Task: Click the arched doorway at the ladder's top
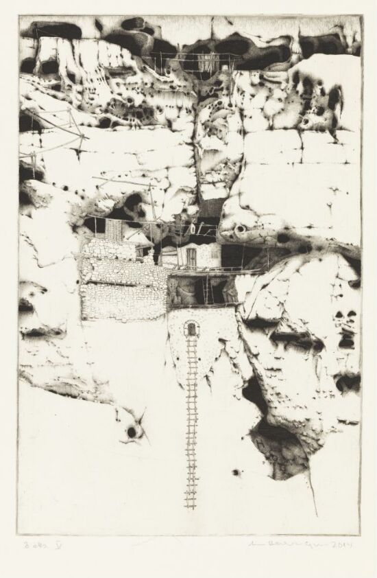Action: pyautogui.click(x=192, y=330)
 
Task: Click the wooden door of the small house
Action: pyautogui.click(x=191, y=257)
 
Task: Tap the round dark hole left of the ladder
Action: pyautogui.click(x=131, y=432)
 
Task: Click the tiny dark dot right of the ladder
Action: pyautogui.click(x=236, y=472)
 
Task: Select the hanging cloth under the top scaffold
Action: pyautogui.click(x=204, y=62)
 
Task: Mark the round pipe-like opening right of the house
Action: pyautogui.click(x=242, y=229)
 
